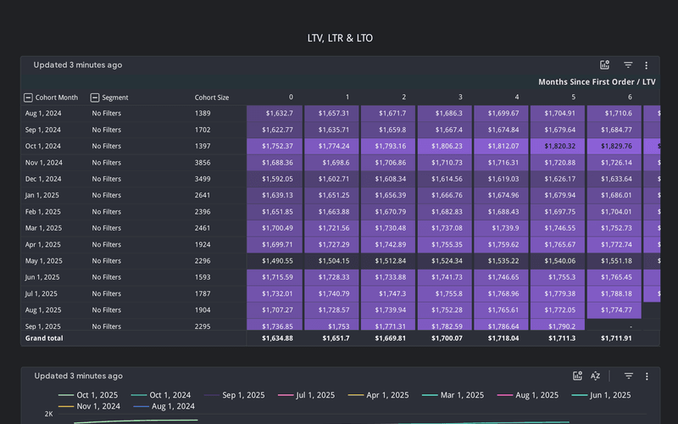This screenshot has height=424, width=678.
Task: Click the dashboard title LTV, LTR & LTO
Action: click(339, 38)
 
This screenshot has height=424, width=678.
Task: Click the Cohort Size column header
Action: click(211, 98)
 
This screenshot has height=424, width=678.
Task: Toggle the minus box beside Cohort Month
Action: click(28, 98)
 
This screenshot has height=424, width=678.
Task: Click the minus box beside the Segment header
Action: click(95, 98)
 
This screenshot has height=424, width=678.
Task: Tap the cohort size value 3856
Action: click(203, 163)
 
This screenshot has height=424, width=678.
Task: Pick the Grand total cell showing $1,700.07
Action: click(445, 338)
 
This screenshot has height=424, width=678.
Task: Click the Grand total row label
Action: click(44, 338)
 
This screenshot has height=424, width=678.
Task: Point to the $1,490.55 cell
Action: click(275, 261)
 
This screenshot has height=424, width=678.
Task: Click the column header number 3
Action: click(460, 98)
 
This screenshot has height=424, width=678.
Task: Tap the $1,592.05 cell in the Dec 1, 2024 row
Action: click(275, 179)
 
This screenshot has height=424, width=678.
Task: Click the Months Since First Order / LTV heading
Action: click(597, 82)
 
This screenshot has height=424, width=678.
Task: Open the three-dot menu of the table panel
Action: click(647, 65)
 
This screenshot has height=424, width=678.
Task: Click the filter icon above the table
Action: click(628, 65)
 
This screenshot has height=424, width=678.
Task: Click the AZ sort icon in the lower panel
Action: click(595, 376)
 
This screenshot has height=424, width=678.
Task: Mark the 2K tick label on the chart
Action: click(48, 415)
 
